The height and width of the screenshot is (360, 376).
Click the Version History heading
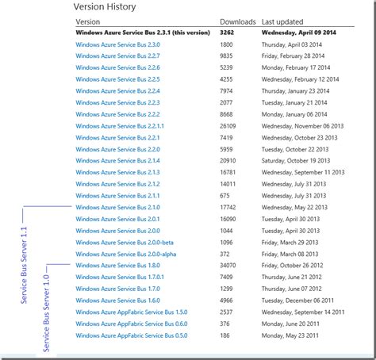click(104, 7)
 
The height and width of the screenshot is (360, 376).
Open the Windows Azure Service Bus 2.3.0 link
click(117, 45)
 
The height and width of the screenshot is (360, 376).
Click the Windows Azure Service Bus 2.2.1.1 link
click(121, 126)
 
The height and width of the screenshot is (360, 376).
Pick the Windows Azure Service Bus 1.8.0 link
click(117, 265)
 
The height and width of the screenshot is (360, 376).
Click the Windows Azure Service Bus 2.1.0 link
click(117, 208)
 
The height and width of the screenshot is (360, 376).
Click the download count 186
click(224, 335)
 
